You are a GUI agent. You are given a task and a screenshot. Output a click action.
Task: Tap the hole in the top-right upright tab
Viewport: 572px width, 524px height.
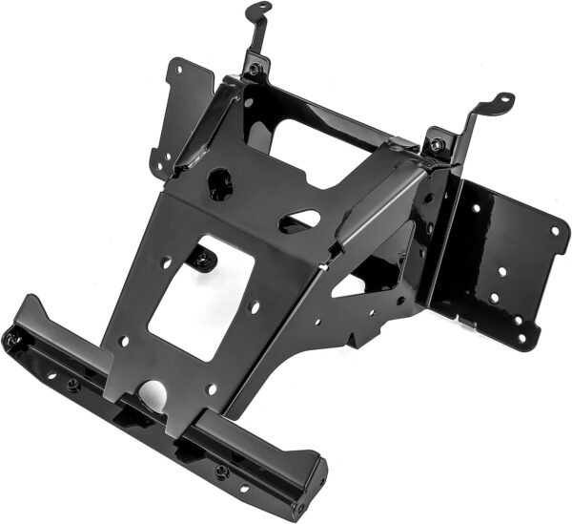(x=503, y=99)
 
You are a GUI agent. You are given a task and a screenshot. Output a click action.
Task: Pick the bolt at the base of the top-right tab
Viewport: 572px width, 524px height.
(x=436, y=145)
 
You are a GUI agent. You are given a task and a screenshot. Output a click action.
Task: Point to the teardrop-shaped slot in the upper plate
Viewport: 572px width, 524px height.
(x=299, y=220)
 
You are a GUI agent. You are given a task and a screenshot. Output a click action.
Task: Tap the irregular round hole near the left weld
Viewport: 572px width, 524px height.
(x=220, y=182)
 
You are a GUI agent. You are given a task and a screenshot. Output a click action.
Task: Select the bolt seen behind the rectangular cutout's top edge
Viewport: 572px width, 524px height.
(x=201, y=258)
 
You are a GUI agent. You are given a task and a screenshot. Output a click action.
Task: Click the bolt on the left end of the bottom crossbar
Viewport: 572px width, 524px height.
(x=12, y=339)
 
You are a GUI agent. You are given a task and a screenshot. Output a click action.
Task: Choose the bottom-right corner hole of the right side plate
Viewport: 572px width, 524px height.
(x=520, y=339)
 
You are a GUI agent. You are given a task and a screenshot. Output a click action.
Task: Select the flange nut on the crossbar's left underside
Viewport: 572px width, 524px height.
(x=72, y=385)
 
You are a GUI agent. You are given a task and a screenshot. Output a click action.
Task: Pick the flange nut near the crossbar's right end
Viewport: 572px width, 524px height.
(x=221, y=471)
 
